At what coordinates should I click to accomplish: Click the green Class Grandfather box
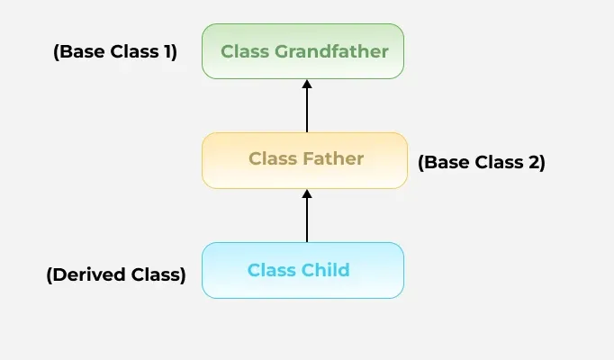tap(302, 51)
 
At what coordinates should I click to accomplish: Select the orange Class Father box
tap(304, 160)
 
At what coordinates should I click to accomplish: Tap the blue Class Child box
tap(302, 270)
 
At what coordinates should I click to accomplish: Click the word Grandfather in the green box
tap(331, 51)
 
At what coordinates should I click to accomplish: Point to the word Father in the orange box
tap(333, 158)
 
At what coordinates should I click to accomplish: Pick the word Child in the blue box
tap(325, 270)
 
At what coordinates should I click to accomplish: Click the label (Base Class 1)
tap(115, 51)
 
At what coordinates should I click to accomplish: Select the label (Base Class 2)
tap(482, 162)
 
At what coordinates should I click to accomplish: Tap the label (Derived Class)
tap(116, 274)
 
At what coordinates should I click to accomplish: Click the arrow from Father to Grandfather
tap(307, 106)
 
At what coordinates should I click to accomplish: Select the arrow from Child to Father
tap(307, 216)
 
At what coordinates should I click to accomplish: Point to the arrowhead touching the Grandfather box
tap(307, 84)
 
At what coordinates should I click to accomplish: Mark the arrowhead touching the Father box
tap(307, 193)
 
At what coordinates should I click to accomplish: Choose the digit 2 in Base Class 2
tap(534, 162)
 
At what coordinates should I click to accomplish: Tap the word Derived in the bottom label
tap(88, 274)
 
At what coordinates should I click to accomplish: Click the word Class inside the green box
tap(245, 51)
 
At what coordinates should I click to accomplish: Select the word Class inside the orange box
tap(273, 158)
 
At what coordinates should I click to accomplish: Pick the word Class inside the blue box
tap(272, 270)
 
